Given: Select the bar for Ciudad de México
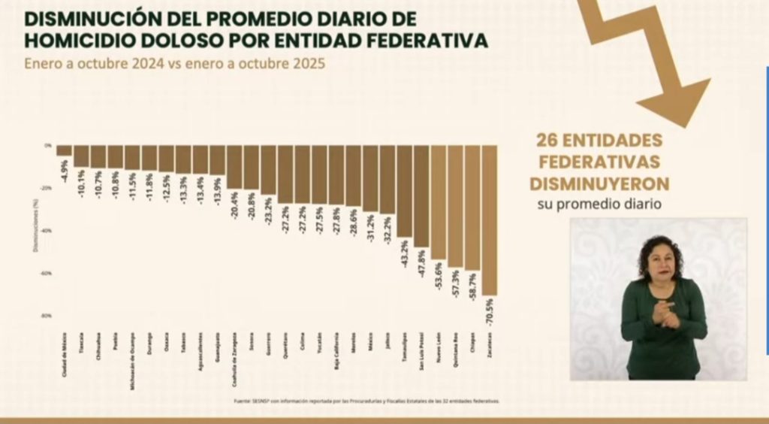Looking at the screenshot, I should tap(64, 150).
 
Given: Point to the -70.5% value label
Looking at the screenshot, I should tap(490, 309).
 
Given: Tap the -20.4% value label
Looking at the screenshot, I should tap(234, 202).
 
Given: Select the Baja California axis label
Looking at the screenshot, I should tap(336, 351).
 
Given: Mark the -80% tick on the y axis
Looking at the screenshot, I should tap(47, 316).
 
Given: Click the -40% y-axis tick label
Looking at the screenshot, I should tap(47, 230).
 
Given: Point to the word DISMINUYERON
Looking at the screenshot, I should tap(599, 183).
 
